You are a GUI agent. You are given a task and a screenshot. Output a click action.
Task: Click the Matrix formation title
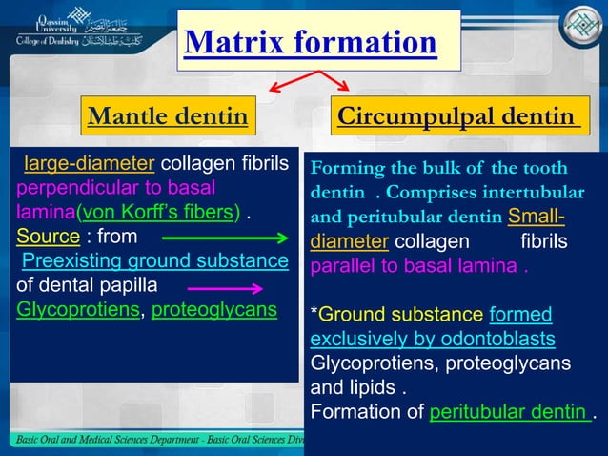(x=311, y=43)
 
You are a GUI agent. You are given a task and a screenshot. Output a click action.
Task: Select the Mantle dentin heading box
(x=167, y=117)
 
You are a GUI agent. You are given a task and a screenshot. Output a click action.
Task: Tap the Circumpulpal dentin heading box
(x=459, y=117)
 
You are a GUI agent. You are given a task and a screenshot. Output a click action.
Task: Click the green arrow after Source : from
(x=225, y=237)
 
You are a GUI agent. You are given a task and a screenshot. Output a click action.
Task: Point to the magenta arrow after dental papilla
(x=225, y=287)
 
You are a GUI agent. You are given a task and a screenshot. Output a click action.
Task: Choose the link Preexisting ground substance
(x=154, y=260)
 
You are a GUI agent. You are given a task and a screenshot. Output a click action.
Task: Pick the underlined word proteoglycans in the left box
(x=214, y=310)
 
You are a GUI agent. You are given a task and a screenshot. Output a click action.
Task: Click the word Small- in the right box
(x=543, y=217)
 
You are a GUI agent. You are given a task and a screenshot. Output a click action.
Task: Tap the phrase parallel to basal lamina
(x=414, y=266)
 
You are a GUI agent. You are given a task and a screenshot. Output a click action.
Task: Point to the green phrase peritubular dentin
(x=510, y=413)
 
